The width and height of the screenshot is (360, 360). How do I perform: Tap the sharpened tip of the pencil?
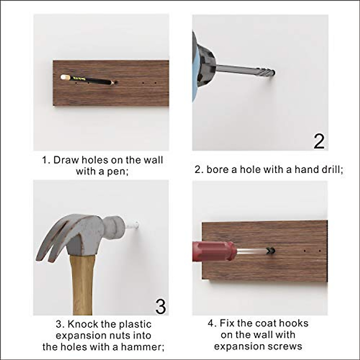pos(115,82)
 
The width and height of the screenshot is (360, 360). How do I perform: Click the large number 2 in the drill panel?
pos(319,141)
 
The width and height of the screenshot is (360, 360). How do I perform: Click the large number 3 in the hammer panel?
pos(161,306)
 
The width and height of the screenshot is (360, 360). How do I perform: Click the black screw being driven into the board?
pos(271,251)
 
